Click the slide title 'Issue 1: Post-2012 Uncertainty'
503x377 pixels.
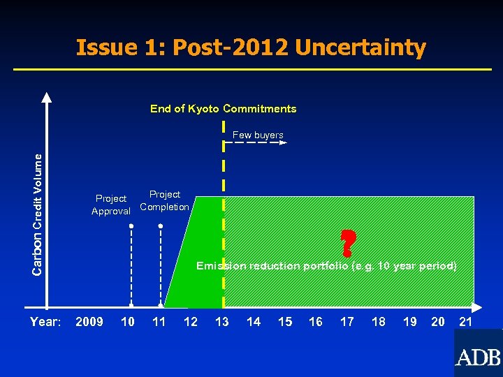click(251, 47)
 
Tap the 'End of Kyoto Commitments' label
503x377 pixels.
click(223, 109)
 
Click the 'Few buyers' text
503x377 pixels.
click(258, 135)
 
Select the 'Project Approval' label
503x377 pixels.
click(111, 205)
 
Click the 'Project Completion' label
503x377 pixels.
click(164, 200)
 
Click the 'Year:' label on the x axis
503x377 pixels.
click(45, 322)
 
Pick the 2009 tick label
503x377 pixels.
click(89, 322)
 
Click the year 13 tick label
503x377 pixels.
click(221, 322)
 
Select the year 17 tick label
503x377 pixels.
click(347, 322)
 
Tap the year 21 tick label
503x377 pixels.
click(465, 322)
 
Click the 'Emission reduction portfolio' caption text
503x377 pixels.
click(326, 266)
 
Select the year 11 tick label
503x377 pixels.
click(159, 322)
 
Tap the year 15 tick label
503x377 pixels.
click(285, 322)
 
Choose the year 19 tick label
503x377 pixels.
click(410, 322)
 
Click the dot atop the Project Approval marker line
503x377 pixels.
click(131, 226)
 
